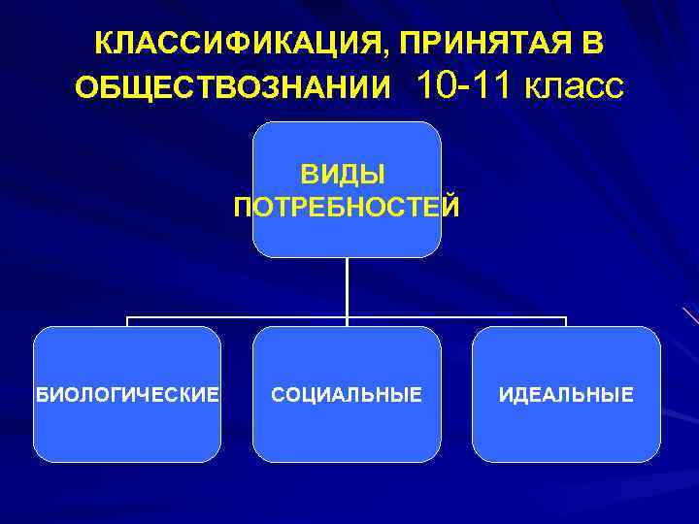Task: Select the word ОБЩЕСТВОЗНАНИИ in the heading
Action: pos(233,90)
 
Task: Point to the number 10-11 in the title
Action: pos(465,86)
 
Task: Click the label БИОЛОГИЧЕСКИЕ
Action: pos(127,395)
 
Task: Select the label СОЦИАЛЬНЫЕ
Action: pos(347,395)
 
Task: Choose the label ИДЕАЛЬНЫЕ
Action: pos(566,395)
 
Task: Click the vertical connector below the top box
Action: pos(347,286)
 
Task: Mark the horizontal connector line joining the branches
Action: pos(243,317)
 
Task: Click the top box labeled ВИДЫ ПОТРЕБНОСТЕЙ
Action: pos(347,146)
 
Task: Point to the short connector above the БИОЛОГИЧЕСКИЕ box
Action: pos(127,322)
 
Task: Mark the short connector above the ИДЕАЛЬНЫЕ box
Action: pos(566,322)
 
